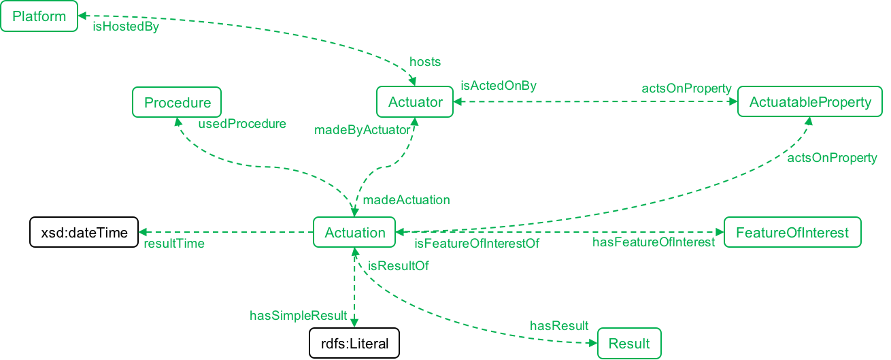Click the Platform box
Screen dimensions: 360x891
[39, 16]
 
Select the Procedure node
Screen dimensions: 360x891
[177, 103]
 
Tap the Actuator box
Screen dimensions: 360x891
[415, 103]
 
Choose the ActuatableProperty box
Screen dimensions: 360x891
[810, 103]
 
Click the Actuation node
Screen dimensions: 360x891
[354, 233]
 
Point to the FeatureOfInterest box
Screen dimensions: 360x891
[792, 233]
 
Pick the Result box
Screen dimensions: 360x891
[629, 344]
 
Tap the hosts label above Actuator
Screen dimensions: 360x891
[425, 62]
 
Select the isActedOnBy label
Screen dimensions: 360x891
[499, 86]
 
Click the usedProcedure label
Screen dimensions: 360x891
[242, 125]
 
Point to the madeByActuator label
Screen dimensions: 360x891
[362, 130]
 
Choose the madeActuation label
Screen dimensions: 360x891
[406, 200]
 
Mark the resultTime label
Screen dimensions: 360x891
[173, 244]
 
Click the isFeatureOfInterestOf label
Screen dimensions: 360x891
[477, 244]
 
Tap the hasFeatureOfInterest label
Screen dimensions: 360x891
[654, 242]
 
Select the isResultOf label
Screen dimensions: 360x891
[398, 266]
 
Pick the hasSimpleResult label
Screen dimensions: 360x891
[299, 315]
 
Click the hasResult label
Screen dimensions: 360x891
[559, 326]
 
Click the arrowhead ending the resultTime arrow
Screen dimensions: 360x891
[141, 233]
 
